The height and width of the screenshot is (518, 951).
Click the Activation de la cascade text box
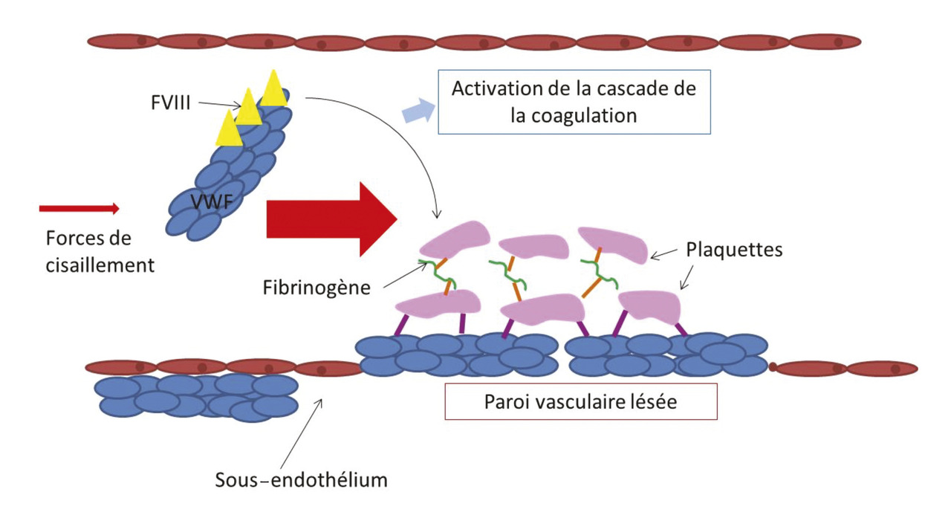(575, 102)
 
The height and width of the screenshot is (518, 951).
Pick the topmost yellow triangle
(273, 88)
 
